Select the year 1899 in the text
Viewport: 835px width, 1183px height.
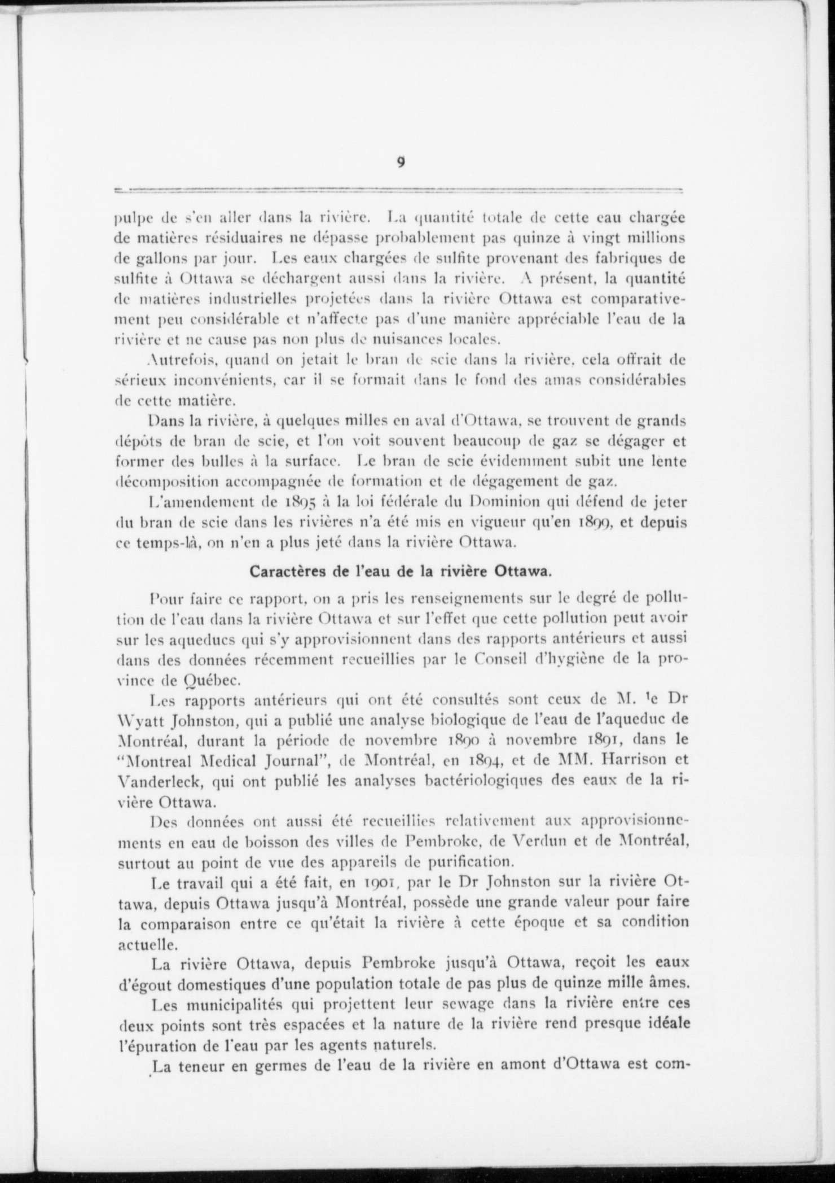tap(593, 522)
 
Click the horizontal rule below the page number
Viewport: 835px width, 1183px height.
tap(398, 189)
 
